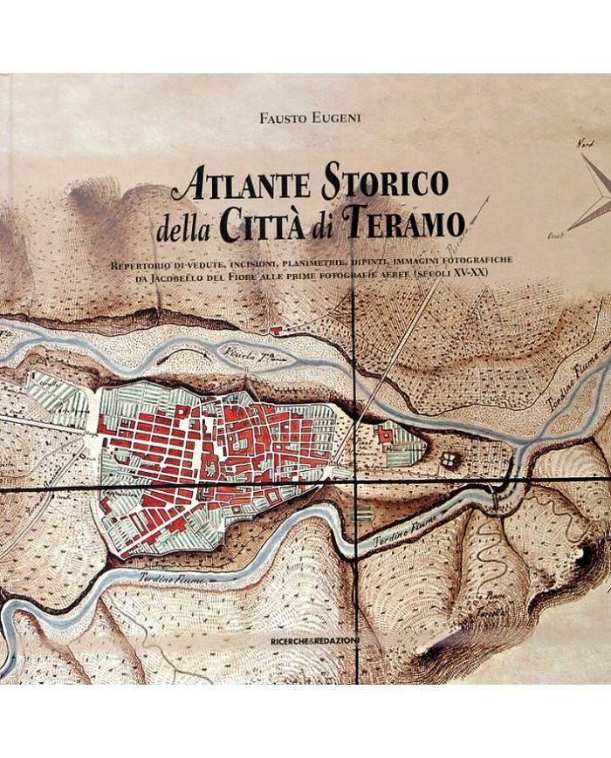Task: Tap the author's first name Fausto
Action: pyautogui.click(x=269, y=116)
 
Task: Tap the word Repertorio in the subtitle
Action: pyautogui.click(x=141, y=263)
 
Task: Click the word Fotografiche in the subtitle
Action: pyautogui.click(x=481, y=263)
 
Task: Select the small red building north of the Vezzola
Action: pyautogui.click(x=277, y=331)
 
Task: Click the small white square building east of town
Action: pyautogui.click(x=449, y=458)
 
